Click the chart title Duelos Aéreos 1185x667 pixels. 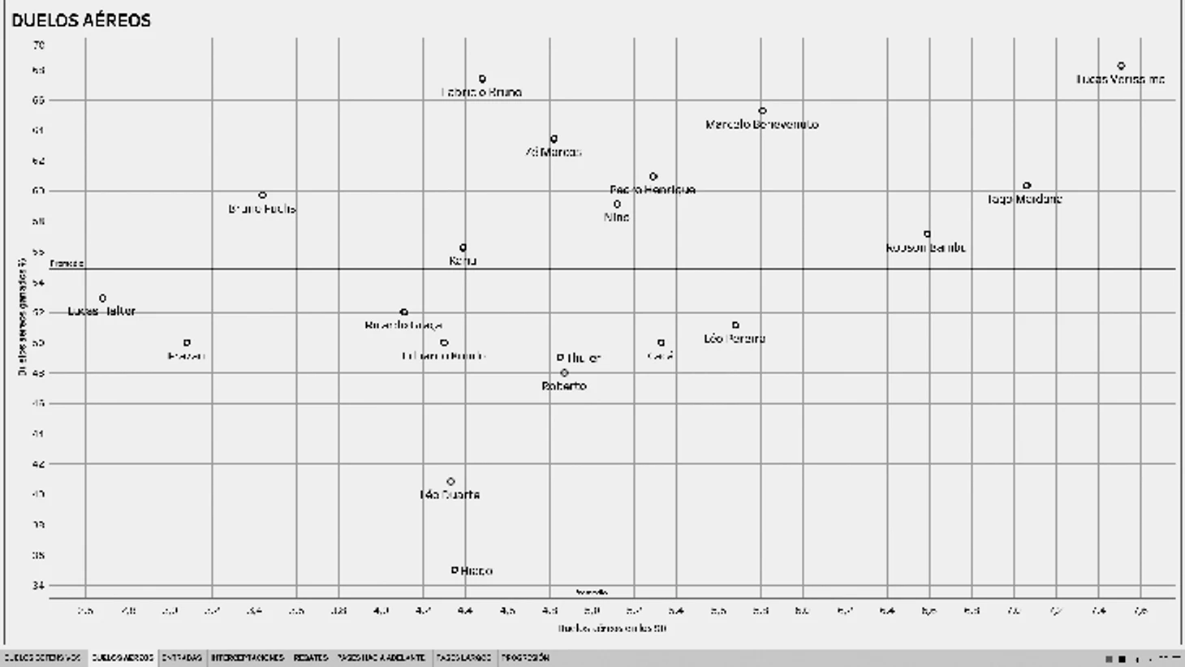pyautogui.click(x=81, y=20)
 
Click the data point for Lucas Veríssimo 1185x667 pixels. pyautogui.click(x=1121, y=66)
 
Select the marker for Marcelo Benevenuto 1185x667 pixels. pyautogui.click(x=762, y=110)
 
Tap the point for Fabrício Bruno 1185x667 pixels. pyautogui.click(x=482, y=79)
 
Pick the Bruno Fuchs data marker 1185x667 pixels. pyautogui.click(x=262, y=195)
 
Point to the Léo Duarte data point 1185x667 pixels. pyautogui.click(x=450, y=481)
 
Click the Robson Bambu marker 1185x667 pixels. pyautogui.click(x=927, y=235)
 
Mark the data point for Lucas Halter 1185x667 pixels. pyautogui.click(x=102, y=298)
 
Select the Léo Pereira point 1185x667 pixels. pyautogui.click(x=735, y=325)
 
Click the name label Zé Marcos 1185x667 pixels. pyautogui.click(x=554, y=152)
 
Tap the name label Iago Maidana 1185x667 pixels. pyautogui.click(x=1024, y=199)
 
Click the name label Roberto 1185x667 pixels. pyautogui.click(x=564, y=386)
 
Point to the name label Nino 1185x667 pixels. pyautogui.click(x=617, y=217)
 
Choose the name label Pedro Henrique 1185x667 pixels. pyautogui.click(x=653, y=190)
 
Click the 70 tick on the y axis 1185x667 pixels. pyautogui.click(x=39, y=45)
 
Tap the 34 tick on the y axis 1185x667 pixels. pyautogui.click(x=39, y=585)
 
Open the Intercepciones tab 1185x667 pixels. pyautogui.click(x=248, y=658)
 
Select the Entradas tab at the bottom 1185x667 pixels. pyautogui.click(x=181, y=658)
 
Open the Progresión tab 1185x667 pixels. pyautogui.click(x=525, y=658)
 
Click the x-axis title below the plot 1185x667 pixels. pyautogui.click(x=612, y=628)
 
